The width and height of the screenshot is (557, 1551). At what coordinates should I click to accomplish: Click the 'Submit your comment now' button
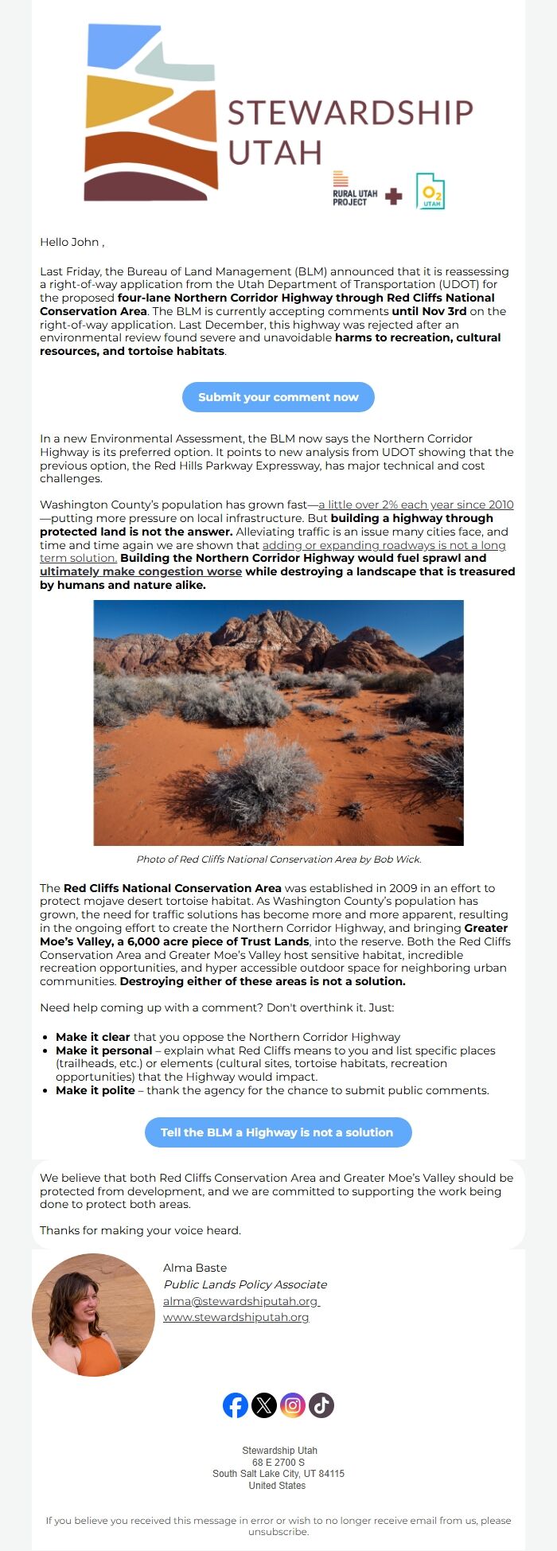pyautogui.click(x=278, y=397)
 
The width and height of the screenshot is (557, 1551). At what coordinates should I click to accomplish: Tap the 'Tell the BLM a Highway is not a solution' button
pyautogui.click(x=278, y=1132)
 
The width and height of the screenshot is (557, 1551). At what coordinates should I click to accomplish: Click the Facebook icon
pyautogui.click(x=236, y=1405)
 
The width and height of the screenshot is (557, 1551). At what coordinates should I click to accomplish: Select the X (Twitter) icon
pyautogui.click(x=264, y=1405)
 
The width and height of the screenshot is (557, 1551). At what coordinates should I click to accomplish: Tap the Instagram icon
pyautogui.click(x=293, y=1405)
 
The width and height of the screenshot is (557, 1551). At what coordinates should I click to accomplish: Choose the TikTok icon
pyautogui.click(x=321, y=1405)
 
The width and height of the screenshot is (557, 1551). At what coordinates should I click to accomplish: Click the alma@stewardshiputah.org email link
pyautogui.click(x=240, y=1301)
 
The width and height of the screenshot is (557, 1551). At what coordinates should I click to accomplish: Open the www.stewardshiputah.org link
pyautogui.click(x=236, y=1317)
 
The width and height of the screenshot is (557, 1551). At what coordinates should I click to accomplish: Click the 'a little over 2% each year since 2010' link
pyautogui.click(x=415, y=505)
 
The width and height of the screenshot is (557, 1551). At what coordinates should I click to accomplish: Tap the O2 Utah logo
pyautogui.click(x=430, y=191)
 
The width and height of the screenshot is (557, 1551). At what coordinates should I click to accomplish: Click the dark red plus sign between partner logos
pyautogui.click(x=393, y=196)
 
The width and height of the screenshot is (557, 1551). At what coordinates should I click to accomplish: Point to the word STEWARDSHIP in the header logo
pyautogui.click(x=350, y=113)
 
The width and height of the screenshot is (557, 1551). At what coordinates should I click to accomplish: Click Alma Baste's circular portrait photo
pyautogui.click(x=93, y=1315)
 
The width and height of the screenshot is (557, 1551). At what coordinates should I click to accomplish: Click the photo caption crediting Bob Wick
pyautogui.click(x=278, y=859)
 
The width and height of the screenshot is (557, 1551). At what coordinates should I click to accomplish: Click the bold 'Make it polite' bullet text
pyautogui.click(x=95, y=1090)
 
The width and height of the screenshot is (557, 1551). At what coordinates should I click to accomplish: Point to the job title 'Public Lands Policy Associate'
pyautogui.click(x=245, y=1284)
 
